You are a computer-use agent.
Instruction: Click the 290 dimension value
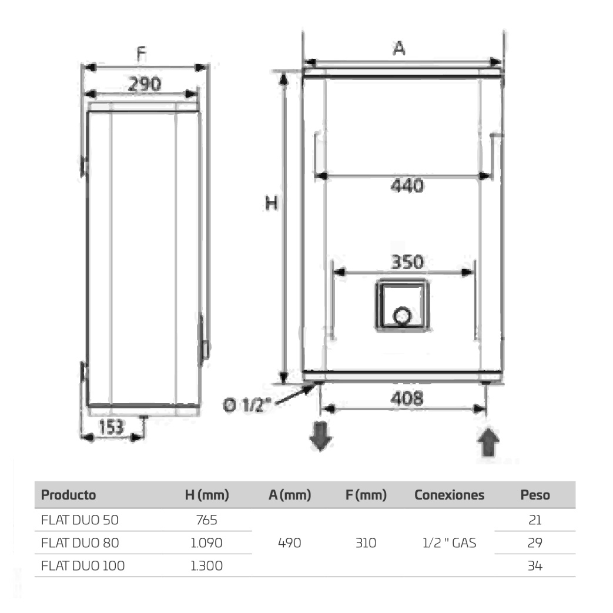click(145, 84)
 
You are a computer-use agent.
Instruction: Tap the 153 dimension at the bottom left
click(112, 427)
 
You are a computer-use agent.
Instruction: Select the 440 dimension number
click(407, 185)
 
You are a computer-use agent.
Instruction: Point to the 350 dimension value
click(407, 262)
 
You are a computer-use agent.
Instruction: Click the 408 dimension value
click(407, 398)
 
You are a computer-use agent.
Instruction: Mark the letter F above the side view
click(141, 54)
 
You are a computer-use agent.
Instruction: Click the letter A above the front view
click(398, 48)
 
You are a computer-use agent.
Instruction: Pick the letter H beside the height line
click(272, 203)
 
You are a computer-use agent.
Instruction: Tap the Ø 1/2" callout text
click(247, 404)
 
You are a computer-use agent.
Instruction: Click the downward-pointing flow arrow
click(320, 436)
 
